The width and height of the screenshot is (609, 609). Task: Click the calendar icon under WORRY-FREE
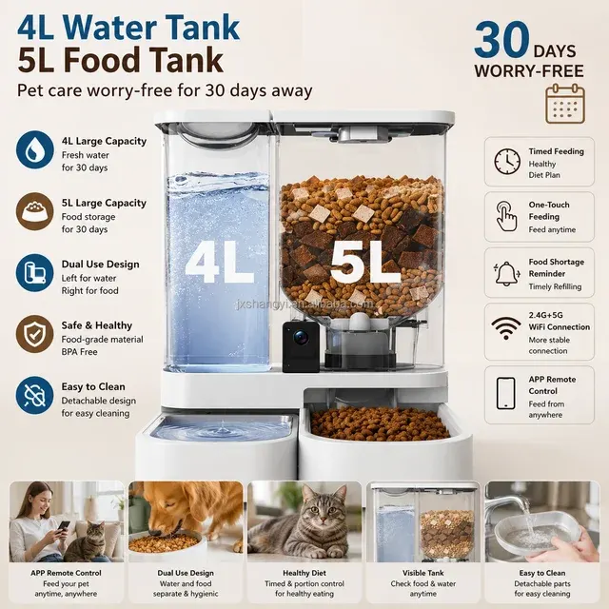pos(565,104)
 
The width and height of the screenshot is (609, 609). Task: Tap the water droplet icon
pos(35,149)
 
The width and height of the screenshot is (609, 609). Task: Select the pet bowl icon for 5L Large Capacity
pos(35,211)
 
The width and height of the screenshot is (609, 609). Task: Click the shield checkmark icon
pos(35,334)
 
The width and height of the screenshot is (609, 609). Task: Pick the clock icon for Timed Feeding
pos(507,162)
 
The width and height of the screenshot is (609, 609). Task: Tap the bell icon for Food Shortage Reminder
pos(507,273)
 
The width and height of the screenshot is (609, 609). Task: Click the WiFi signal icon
pos(506,328)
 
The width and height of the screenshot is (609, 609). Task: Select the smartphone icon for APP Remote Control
pos(506,393)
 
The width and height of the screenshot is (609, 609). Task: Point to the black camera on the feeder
pos(301,346)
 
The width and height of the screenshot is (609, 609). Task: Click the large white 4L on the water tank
pos(220,263)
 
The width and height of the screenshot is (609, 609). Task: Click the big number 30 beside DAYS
pos(501,40)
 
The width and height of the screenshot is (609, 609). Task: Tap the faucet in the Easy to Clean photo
pos(508,506)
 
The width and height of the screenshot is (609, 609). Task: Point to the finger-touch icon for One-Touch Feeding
pos(507,216)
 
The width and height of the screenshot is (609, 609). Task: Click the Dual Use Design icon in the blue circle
pos(35,273)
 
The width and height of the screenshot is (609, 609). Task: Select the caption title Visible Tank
pos(422,573)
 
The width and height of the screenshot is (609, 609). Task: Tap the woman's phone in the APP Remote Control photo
pos(64,526)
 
